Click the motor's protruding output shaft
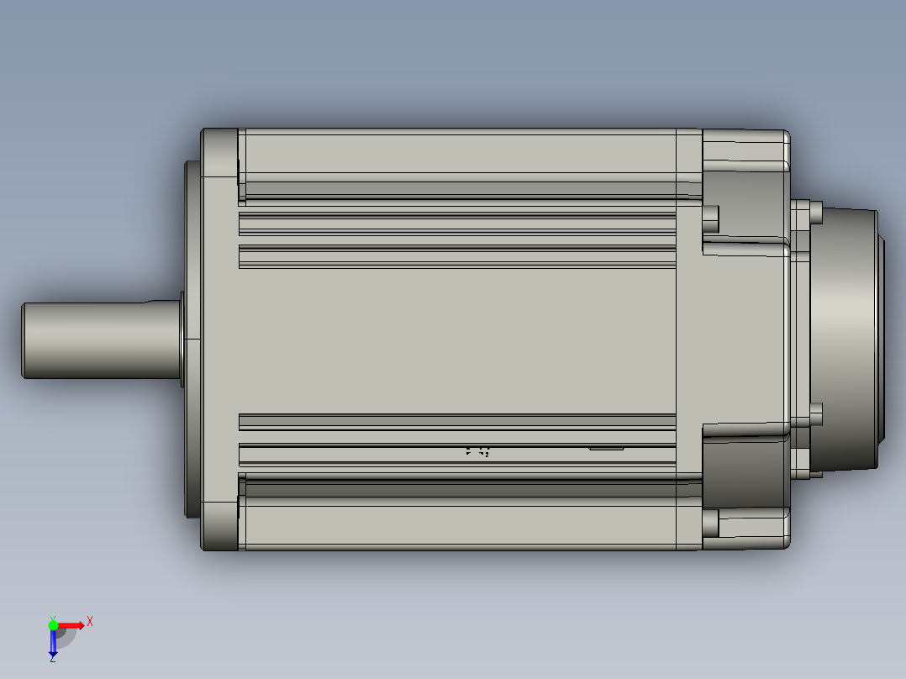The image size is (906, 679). (x=92, y=339)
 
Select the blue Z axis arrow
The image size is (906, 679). (x=53, y=643)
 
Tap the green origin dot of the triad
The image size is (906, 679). (x=53, y=624)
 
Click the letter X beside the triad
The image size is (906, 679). (x=90, y=622)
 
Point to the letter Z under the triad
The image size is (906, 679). (x=52, y=660)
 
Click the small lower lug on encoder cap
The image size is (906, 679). (x=815, y=415)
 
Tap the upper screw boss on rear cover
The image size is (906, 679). (x=711, y=218)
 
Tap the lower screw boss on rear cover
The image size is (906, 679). (x=711, y=524)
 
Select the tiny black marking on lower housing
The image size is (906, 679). (x=477, y=451)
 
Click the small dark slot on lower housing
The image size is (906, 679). (x=606, y=448)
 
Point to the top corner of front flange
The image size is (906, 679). (x=219, y=152)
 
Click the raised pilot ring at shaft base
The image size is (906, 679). (x=182, y=339)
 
